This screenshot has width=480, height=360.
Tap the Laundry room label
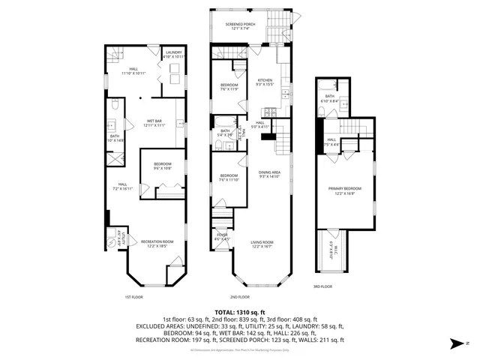174,54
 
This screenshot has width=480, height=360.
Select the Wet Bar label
155,123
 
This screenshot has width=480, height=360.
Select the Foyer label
222,237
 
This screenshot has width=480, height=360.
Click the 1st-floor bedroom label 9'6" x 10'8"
163,167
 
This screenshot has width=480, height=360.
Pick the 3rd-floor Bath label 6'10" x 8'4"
330,98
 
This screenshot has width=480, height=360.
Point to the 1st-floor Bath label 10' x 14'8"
115,138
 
